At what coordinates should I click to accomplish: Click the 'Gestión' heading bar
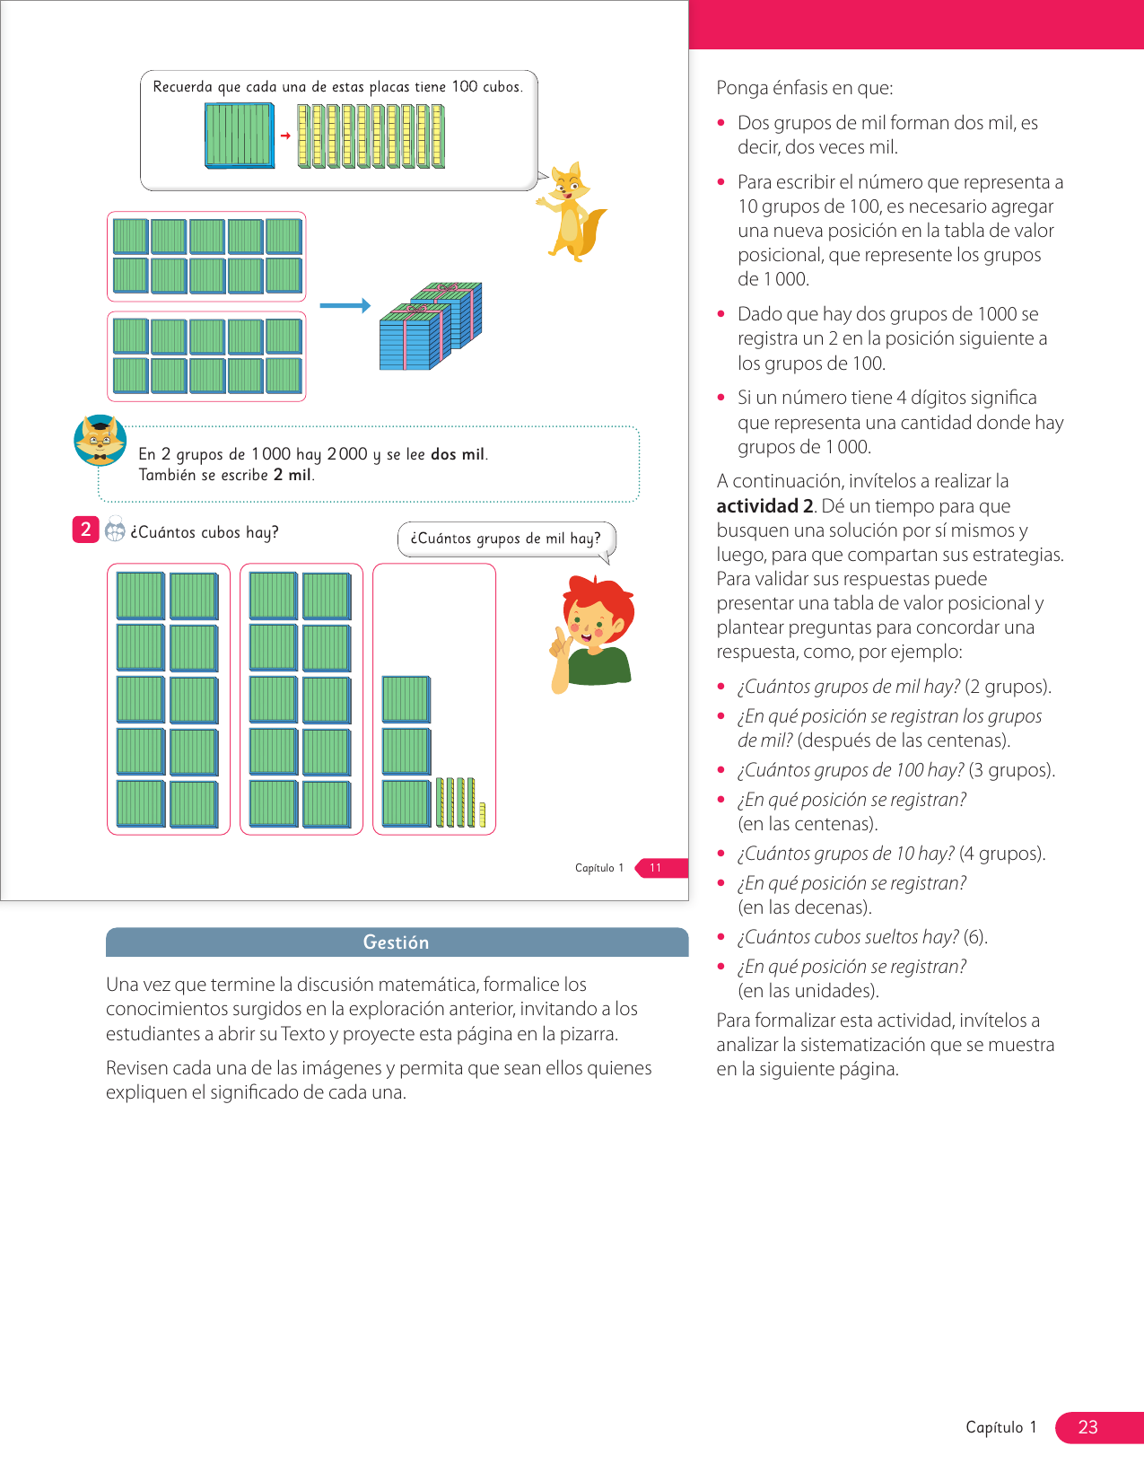point(397,942)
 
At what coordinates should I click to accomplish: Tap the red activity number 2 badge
point(85,530)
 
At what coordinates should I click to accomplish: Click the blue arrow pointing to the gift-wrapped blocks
point(345,306)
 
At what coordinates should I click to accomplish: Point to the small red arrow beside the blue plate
point(285,136)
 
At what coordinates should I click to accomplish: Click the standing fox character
point(572,212)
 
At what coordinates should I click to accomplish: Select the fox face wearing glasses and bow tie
point(100,440)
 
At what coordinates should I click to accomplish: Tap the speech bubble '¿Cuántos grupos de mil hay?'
point(505,539)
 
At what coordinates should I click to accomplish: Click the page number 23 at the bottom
point(1087,1427)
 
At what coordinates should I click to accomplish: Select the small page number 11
point(655,868)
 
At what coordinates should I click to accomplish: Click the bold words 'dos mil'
point(458,454)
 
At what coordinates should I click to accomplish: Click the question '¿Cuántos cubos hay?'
point(205,532)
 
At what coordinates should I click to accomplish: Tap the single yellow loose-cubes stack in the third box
point(482,814)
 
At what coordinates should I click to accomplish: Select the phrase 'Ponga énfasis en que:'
point(805,88)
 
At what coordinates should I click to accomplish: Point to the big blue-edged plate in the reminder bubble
point(240,136)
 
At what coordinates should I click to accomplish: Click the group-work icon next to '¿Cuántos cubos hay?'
point(115,530)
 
